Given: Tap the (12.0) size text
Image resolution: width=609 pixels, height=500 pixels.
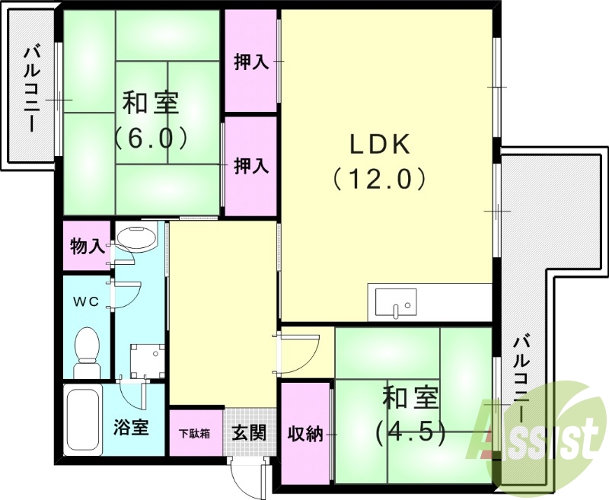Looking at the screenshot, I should (378, 179).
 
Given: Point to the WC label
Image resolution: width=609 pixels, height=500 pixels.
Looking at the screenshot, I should (85, 301).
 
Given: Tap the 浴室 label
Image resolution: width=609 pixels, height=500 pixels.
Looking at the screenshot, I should (131, 427).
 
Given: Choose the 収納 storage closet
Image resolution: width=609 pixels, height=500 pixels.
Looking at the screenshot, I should (305, 433).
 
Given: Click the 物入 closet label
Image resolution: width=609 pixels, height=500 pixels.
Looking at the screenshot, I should (87, 247).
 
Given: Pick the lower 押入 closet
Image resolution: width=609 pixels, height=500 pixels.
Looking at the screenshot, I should (250, 165).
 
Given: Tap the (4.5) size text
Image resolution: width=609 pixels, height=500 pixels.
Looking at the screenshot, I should (409, 432).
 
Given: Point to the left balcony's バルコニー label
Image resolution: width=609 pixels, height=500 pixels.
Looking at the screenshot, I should (31, 89).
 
